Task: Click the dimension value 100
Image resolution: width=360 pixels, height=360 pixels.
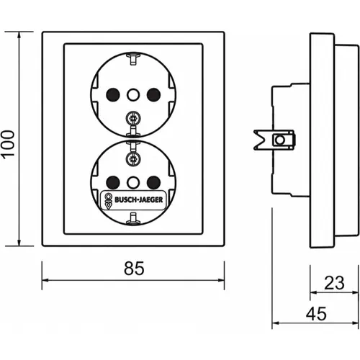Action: (9, 145)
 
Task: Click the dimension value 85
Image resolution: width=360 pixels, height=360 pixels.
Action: (134, 269)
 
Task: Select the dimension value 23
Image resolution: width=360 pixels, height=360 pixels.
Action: (334, 283)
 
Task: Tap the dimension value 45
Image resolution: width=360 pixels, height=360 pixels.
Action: (316, 314)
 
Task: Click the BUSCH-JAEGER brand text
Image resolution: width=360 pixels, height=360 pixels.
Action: (139, 199)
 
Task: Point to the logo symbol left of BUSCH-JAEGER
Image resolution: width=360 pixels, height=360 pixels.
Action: (108, 201)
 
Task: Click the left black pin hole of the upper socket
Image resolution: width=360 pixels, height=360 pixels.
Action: (113, 95)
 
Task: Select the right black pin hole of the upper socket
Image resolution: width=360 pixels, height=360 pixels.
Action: (153, 95)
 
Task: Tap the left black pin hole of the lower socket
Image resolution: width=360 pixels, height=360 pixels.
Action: (113, 183)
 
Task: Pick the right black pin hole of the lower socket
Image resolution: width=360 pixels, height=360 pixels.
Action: (153, 183)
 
